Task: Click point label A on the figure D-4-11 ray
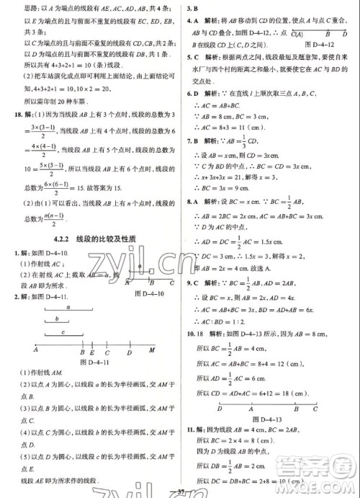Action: pyautogui.click(x=35, y=351)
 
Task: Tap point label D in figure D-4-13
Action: pyautogui.click(x=219, y=409)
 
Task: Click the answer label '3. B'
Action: pyautogui.click(x=192, y=8)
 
